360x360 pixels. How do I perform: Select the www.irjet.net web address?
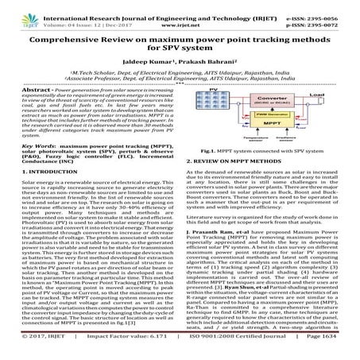click(x=180, y=15)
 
